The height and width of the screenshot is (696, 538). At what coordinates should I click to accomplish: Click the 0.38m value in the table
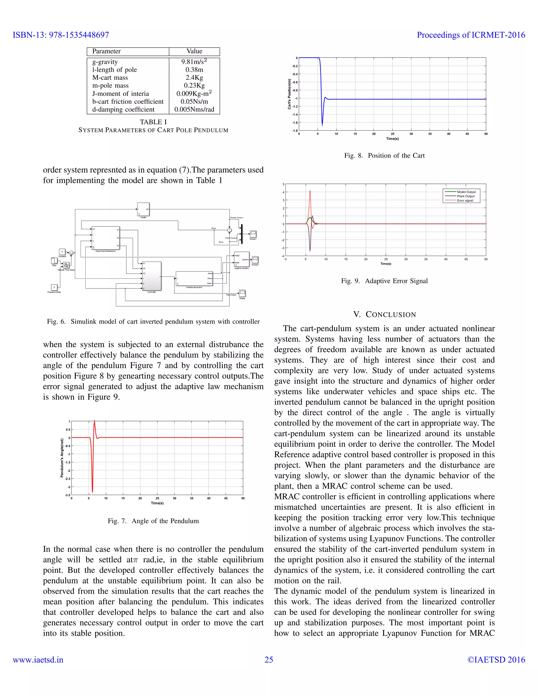(x=194, y=70)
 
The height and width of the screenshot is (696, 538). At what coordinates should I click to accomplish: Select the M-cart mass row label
(x=110, y=78)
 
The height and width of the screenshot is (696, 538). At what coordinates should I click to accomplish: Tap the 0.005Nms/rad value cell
(x=194, y=110)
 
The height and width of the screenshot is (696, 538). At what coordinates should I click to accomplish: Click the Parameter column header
(x=106, y=51)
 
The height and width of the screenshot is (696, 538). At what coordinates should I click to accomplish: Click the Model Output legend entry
(x=466, y=192)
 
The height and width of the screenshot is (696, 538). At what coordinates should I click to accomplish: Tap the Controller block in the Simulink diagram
(x=152, y=276)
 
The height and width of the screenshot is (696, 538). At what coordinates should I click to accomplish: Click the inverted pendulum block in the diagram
(x=194, y=278)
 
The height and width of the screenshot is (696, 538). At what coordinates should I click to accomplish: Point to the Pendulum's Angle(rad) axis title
(x=62, y=458)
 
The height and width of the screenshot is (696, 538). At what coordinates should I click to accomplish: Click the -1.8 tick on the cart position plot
(x=295, y=131)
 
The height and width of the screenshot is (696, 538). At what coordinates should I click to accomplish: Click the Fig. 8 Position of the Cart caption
(x=384, y=155)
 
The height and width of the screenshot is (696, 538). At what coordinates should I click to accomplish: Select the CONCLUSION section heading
(x=384, y=315)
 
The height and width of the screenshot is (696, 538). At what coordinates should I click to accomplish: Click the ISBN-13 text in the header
(x=61, y=35)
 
